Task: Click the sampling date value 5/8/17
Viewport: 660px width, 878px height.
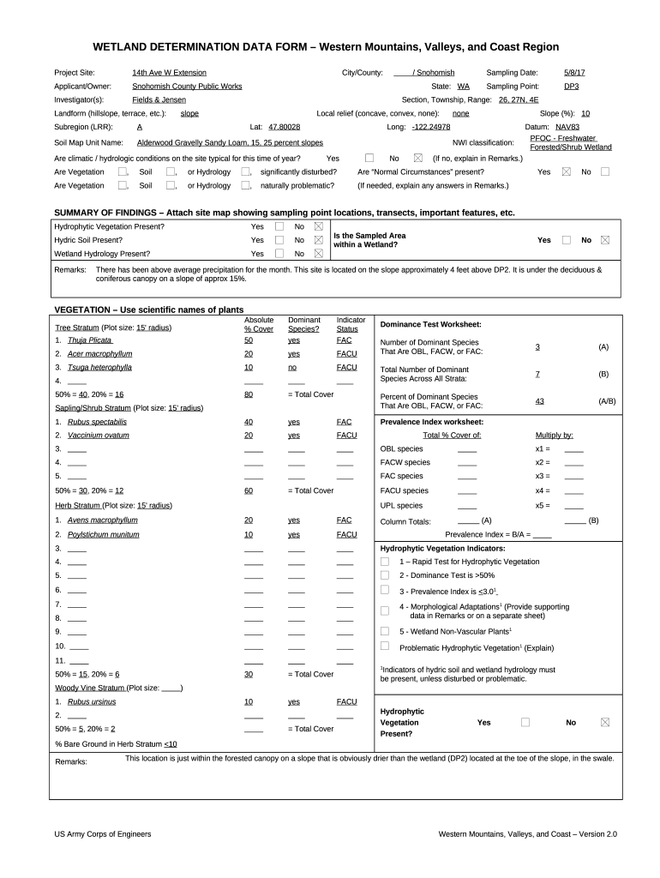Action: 574,73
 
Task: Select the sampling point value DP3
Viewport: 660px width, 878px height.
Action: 571,87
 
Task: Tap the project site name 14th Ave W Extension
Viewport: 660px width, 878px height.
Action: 169,73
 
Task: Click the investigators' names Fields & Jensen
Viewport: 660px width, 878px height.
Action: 159,100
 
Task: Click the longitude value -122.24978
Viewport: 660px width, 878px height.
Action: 430,127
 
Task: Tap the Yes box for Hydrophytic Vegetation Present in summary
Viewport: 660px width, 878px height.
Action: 279,226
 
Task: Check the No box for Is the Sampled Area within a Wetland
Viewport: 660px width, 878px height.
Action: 605,240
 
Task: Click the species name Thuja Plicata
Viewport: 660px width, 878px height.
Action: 90,340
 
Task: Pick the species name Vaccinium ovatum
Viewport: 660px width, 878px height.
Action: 98,436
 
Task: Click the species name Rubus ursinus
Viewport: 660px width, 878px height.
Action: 92,701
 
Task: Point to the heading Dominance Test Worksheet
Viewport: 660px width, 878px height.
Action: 430,325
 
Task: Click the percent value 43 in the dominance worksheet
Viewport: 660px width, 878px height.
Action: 539,401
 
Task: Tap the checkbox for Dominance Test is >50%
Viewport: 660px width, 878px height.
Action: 385,575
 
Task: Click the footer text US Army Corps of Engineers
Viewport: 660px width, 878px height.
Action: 103,834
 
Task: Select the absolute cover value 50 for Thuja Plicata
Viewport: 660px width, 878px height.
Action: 249,340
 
